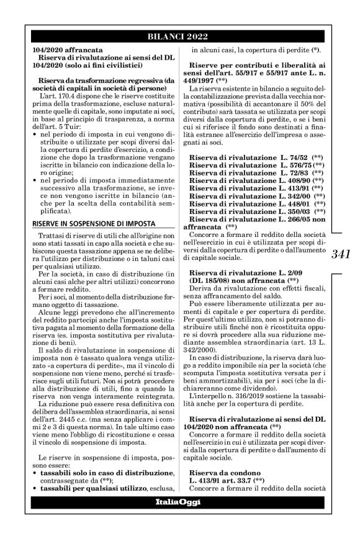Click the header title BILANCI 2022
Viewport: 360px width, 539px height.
(x=180, y=36)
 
